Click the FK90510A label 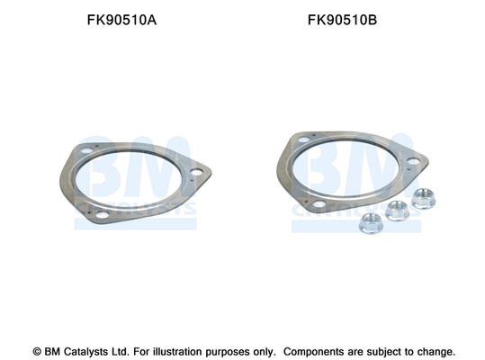(121, 20)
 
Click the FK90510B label (342, 20)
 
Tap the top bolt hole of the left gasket (86, 151)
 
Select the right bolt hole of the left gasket (196, 172)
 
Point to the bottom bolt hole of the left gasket (102, 214)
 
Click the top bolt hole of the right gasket (304, 139)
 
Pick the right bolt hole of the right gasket (413, 161)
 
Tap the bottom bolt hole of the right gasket (319, 204)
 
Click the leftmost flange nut (371, 223)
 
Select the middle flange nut (398, 211)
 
